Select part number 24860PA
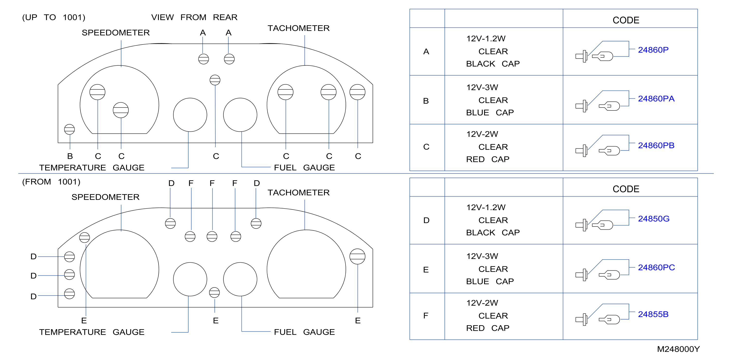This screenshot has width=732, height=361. tap(656, 99)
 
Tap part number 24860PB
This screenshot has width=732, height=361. tap(656, 145)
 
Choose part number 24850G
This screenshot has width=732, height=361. tap(654, 219)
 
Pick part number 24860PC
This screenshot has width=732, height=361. tap(656, 268)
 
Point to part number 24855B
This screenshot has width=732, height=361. tap(653, 314)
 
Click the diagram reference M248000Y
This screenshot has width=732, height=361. tap(678, 349)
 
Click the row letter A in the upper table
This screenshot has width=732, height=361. tap(426, 51)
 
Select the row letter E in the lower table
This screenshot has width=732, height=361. tap(426, 270)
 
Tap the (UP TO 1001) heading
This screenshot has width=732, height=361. tap(54, 17)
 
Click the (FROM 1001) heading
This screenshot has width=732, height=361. tap(51, 182)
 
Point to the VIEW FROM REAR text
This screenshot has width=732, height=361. tap(194, 17)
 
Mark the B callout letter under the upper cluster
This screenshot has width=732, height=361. tap(70, 156)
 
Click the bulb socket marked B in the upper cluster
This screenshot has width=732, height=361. tap(69, 129)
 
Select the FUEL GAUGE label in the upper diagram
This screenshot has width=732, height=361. tap(304, 167)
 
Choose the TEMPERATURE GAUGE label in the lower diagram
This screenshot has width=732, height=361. tap(91, 332)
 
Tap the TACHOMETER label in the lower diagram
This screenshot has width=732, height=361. tap(298, 192)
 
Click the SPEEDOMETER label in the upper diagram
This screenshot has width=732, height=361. tap(116, 33)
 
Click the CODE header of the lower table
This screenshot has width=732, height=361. tap(626, 189)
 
